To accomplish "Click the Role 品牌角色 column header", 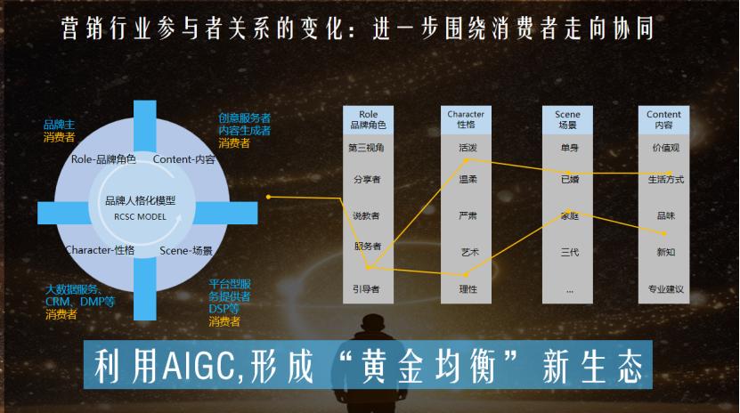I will tap(368, 119).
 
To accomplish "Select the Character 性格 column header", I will tap(466, 119).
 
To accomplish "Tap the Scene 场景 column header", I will tap(567, 119).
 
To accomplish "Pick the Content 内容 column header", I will tap(663, 119).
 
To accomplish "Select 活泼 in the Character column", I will tap(468, 148).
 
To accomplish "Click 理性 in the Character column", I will tap(468, 288).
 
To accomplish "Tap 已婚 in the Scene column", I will tap(569, 180).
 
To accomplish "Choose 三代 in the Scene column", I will tap(569, 253).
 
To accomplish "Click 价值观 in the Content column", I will tap(665, 148).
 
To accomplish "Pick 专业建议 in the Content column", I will tap(665, 288).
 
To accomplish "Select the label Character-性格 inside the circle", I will tap(100, 250).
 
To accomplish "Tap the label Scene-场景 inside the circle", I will tap(186, 251).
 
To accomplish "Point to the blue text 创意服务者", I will tap(245, 117).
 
